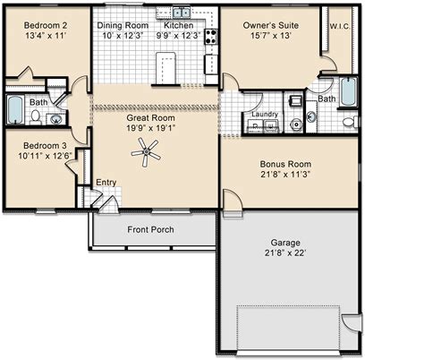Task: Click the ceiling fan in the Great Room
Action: coord(146,152)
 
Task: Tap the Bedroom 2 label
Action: coord(46,25)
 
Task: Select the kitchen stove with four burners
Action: coord(211,37)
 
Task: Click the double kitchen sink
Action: coord(182,13)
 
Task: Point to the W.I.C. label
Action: coord(340,26)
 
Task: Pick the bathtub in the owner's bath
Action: coord(349,91)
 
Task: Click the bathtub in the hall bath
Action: coord(15,109)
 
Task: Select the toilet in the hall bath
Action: coord(36,116)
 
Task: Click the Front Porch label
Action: coord(150,229)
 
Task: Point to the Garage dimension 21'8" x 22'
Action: coord(285,253)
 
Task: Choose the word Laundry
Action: coord(265,114)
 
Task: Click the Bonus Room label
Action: coord(285,164)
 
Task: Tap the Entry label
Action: coord(106,183)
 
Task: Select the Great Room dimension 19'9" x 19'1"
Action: coord(150,128)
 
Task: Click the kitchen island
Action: coord(165,68)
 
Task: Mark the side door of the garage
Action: coord(352,322)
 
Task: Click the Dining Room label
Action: coord(123,25)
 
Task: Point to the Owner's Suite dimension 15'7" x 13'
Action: coord(271,36)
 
